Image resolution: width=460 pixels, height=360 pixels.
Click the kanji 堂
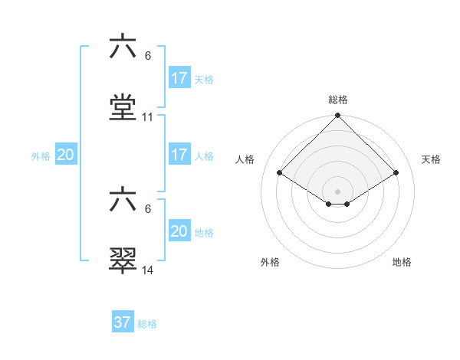[x=123, y=107]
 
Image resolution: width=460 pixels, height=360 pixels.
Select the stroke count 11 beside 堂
[x=148, y=117]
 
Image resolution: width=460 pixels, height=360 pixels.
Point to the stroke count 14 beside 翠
[x=148, y=270]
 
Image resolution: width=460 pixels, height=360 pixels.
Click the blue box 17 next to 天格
[x=179, y=78]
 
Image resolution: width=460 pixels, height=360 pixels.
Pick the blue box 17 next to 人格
[x=179, y=154]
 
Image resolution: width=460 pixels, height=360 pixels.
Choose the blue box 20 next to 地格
[x=179, y=231]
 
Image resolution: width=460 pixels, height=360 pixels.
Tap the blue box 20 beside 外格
[x=66, y=155]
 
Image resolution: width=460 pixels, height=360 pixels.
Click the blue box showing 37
[x=123, y=322]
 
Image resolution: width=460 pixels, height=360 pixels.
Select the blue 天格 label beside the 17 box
[x=204, y=79]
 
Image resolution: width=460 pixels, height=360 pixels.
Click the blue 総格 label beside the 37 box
[x=147, y=323]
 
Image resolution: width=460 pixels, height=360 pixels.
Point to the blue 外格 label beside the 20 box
[x=41, y=155]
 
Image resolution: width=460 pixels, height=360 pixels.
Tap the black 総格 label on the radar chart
[x=338, y=100]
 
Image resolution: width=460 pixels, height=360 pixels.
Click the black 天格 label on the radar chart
[x=432, y=159]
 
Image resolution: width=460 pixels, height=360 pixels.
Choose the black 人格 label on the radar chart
[x=245, y=159]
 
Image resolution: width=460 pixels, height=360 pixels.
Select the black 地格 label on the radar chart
[x=402, y=262]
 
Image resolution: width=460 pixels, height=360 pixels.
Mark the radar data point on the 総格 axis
[x=338, y=116]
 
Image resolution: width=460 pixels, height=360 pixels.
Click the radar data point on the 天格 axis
[x=396, y=172]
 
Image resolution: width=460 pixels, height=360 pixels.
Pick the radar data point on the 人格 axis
[x=280, y=172]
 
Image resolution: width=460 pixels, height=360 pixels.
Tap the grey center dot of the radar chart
[x=338, y=191]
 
